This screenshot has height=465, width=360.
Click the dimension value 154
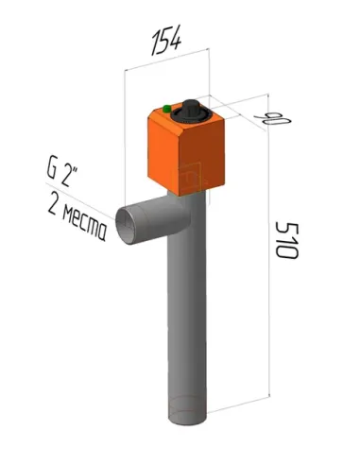tap(166, 41)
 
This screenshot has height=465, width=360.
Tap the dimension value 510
tap(286, 240)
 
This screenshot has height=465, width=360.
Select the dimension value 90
tap(273, 118)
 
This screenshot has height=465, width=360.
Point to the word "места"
tap(84, 224)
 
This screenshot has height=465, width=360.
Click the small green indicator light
tap(166, 109)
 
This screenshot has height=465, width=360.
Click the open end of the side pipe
tap(126, 225)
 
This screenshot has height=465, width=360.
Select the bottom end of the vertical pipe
tap(188, 413)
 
